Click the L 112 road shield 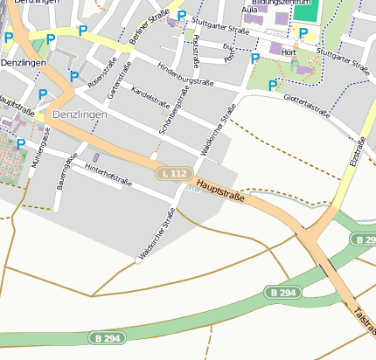[x=174, y=174]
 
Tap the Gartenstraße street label [x=117, y=80]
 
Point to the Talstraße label [x=365, y=315]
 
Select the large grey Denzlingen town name [x=80, y=114]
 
